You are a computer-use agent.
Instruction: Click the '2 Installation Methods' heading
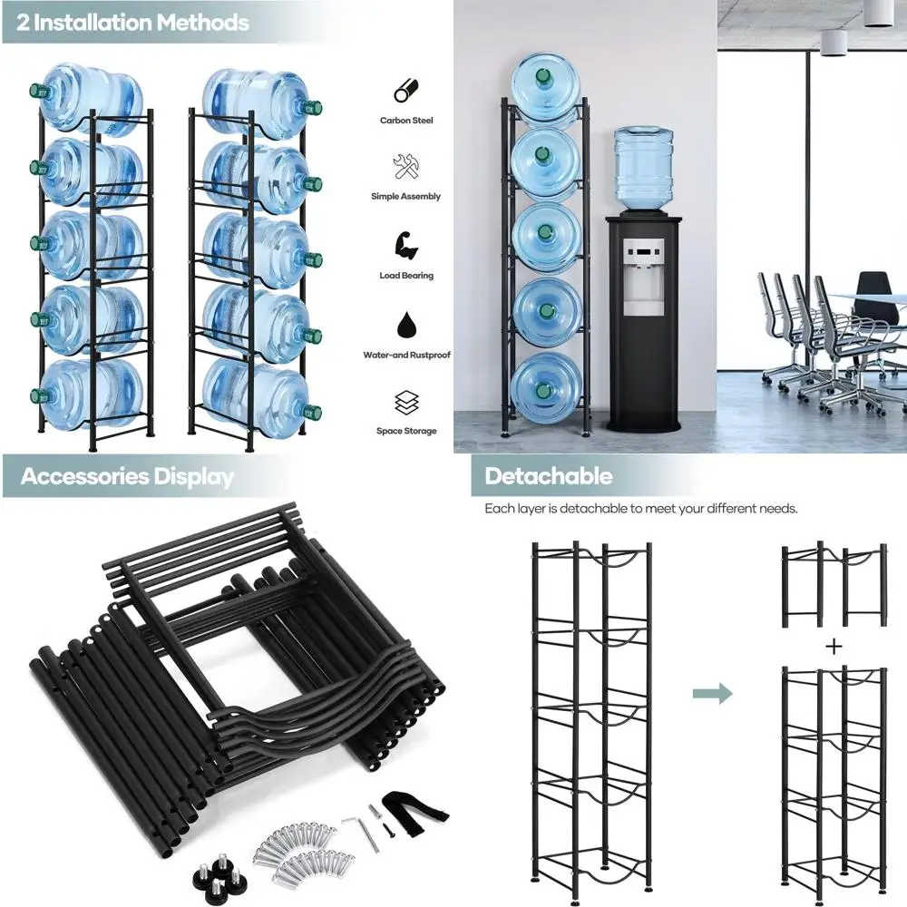[132, 23]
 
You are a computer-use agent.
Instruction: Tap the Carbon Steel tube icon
[405, 92]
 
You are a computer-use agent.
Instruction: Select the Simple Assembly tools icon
[405, 167]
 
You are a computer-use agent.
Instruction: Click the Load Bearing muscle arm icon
[405, 245]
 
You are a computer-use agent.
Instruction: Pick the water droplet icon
[405, 324]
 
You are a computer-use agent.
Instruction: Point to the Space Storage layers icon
[405, 402]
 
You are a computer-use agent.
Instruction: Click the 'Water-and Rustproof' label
[406, 356]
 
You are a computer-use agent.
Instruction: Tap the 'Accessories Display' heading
[127, 477]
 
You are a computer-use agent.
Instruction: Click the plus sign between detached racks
[834, 647]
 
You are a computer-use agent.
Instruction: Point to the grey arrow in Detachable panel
[712, 695]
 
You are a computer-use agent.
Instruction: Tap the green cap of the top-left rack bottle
[37, 91]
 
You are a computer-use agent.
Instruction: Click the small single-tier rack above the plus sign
[834, 586]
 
